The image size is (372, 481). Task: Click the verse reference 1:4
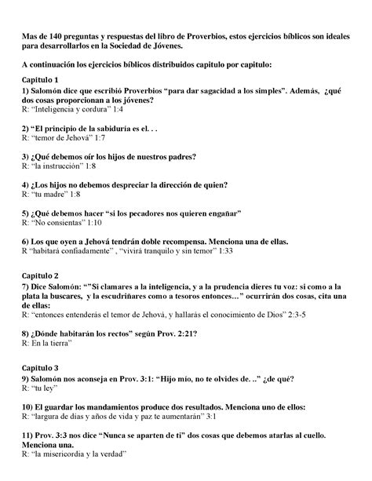click(140, 111)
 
